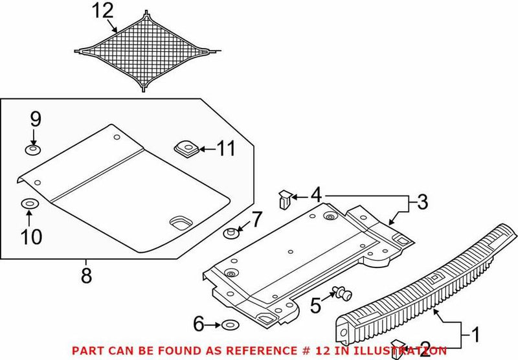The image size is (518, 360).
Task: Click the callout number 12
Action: point(102,11)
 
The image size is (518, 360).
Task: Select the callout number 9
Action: point(35,119)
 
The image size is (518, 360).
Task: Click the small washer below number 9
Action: point(32,150)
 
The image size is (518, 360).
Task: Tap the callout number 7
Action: point(256,220)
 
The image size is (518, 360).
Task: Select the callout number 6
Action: point(198,323)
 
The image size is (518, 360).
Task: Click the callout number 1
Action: point(475,335)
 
